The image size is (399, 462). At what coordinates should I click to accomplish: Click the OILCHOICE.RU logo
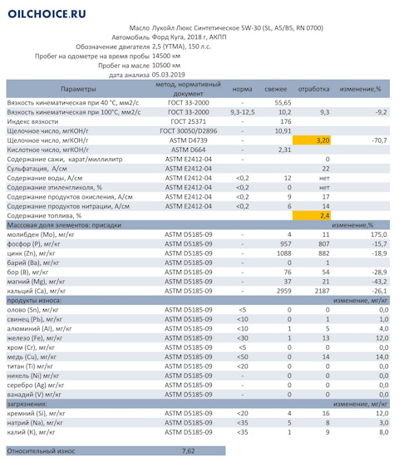point(47,14)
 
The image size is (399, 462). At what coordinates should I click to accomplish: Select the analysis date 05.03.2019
point(168,75)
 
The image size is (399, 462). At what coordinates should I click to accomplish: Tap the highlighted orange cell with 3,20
point(312,140)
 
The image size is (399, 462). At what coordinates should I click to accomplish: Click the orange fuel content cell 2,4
point(312,216)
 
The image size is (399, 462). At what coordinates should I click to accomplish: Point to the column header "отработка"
point(313,89)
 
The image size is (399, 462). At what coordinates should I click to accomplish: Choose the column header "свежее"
point(275,89)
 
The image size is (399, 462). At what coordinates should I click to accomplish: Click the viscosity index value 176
point(286,121)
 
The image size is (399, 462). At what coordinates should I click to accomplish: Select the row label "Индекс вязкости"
point(32,121)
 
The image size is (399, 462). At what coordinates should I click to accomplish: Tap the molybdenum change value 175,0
point(379,234)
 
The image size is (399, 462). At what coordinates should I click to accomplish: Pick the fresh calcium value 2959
point(283,291)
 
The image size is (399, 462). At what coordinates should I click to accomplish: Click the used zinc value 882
point(323,253)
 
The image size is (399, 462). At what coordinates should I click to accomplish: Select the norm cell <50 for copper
point(243,356)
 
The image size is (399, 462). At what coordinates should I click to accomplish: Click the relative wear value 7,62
point(189,451)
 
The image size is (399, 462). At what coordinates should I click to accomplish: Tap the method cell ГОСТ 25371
point(189,121)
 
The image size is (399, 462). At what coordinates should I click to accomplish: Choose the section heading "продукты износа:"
point(34,301)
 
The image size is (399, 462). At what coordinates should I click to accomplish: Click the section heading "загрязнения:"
point(27,404)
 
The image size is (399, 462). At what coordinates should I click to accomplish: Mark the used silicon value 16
point(326,413)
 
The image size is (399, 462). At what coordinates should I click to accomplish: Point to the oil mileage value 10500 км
point(166,66)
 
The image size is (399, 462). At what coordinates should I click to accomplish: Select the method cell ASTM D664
point(189,150)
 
